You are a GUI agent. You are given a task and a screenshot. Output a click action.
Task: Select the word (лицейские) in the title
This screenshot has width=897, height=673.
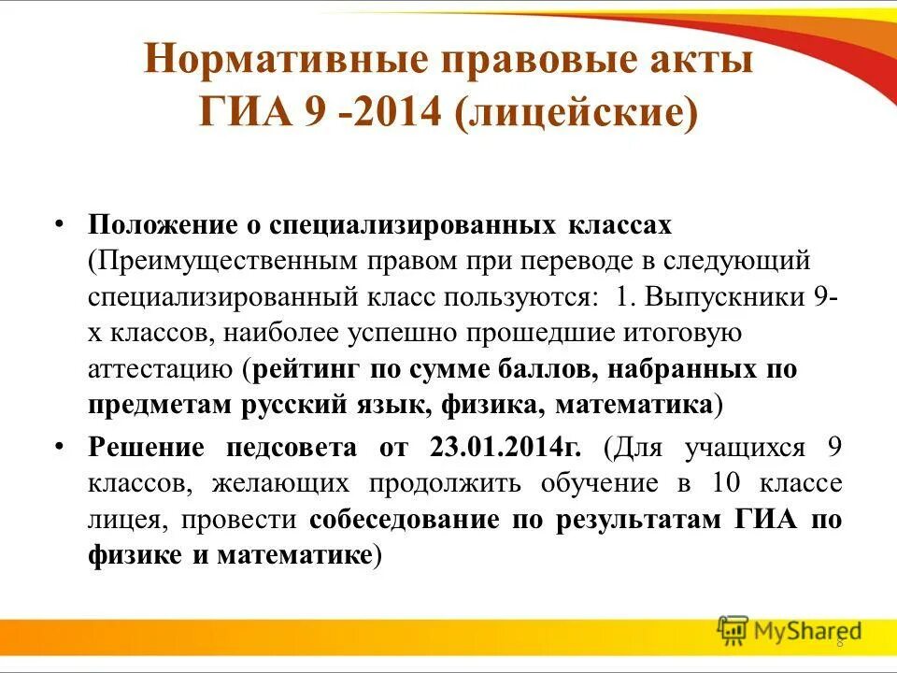click(x=577, y=115)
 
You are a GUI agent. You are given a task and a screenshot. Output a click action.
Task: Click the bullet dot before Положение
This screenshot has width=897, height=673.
click(x=59, y=226)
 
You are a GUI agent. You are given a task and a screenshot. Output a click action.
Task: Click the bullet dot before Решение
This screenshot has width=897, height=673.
click(x=59, y=447)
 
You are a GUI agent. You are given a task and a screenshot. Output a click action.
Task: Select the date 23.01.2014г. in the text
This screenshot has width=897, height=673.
click(x=505, y=447)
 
